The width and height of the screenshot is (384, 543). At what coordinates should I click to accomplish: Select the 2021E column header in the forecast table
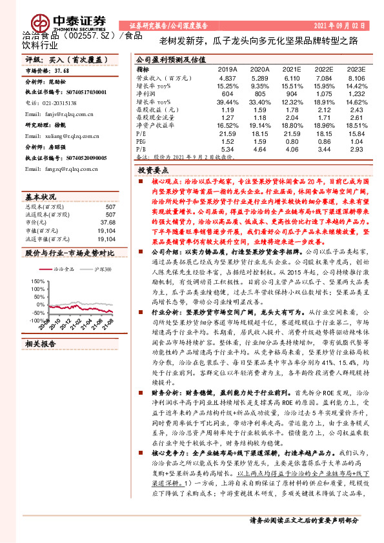coord(293,68)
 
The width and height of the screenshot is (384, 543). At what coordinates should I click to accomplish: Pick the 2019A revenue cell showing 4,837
coord(228,77)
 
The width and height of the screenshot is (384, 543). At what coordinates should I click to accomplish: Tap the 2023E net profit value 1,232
coord(356,94)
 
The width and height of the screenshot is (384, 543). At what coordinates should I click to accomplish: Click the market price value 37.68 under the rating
coord(61,70)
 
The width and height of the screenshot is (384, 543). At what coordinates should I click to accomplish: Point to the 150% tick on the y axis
coord(37,281)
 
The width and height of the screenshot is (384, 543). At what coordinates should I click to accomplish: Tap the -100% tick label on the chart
coord(35,320)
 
